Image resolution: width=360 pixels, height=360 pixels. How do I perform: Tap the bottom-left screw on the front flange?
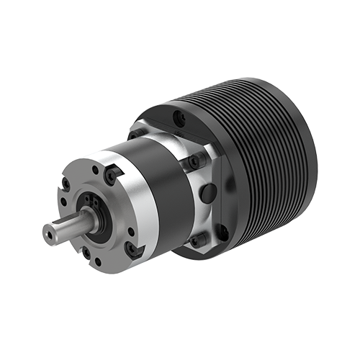(86, 253)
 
